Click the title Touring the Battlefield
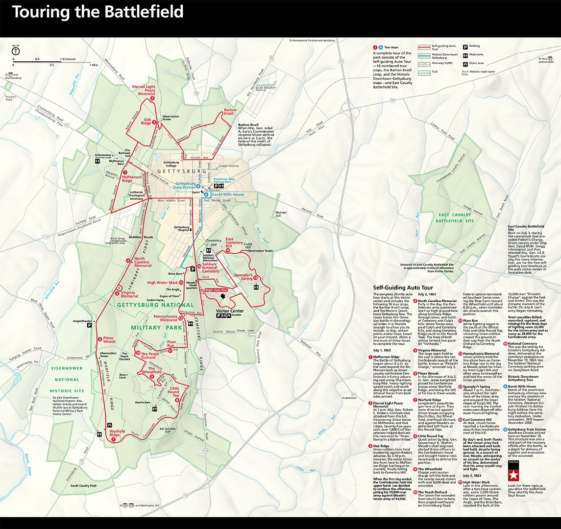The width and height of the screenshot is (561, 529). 98,12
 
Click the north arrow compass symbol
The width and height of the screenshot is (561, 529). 16,50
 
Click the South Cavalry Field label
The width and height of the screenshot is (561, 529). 83,485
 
